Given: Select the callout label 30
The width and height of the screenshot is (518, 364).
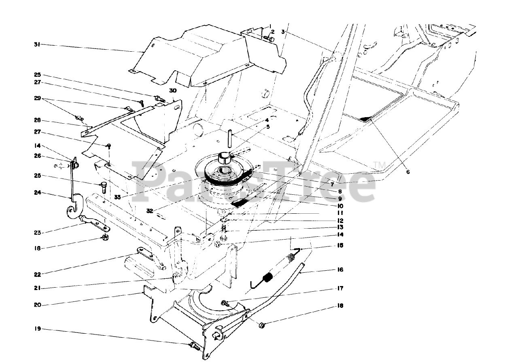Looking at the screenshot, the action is [174, 92].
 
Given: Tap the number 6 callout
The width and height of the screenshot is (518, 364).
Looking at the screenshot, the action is [408, 172].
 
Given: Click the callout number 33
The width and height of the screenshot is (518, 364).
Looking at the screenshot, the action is [117, 197].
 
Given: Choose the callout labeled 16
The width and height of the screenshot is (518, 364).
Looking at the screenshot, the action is [340, 269].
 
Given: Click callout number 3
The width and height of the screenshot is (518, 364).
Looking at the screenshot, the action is [283, 31].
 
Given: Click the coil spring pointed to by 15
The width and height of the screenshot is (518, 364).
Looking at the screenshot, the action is [267, 278].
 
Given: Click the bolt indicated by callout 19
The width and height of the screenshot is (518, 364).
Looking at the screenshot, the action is [194, 345].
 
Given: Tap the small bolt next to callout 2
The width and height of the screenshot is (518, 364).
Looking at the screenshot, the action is [269, 39].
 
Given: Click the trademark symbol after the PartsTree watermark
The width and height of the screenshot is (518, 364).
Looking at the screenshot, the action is [379, 165].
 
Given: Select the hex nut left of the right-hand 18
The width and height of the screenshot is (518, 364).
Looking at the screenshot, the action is [261, 324].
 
